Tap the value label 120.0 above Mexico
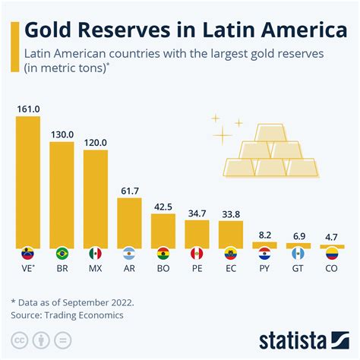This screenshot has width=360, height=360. coord(95,142)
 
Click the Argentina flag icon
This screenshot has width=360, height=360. coord(128,253)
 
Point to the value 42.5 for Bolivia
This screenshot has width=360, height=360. coord(163,206)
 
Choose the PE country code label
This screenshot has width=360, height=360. coord(196,268)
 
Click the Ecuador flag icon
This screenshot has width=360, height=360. coord(230,253)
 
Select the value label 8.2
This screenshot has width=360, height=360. coord(264,235)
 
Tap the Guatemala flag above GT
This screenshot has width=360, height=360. coord(298,253)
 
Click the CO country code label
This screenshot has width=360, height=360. coord(331,268)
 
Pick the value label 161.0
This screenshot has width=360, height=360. coord(27,109)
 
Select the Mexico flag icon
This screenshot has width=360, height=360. coord(95,253)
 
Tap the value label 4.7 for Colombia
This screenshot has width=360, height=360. coord(331,237)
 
